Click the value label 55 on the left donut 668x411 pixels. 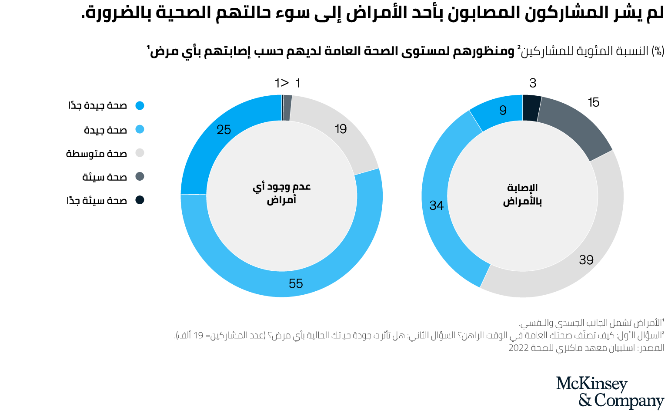tap(296, 284)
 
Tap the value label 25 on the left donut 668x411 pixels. tap(224, 130)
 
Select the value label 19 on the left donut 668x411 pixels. tap(341, 129)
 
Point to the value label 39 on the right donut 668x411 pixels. tap(586, 260)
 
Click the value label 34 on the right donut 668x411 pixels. tap(436, 205)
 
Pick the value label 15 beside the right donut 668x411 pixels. tap(593, 102)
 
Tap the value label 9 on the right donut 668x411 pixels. tap(503, 111)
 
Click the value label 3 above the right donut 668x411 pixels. tap(533, 83)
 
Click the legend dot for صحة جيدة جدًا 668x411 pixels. tap(140, 105)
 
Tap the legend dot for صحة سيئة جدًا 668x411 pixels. tap(140, 200)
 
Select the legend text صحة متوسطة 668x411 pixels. tap(97, 153)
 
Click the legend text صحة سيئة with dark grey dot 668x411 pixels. tap(105, 177)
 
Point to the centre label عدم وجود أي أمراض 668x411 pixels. tap(282, 193)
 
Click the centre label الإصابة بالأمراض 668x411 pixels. tap(522, 195)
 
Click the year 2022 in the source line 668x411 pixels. tap(518, 348)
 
